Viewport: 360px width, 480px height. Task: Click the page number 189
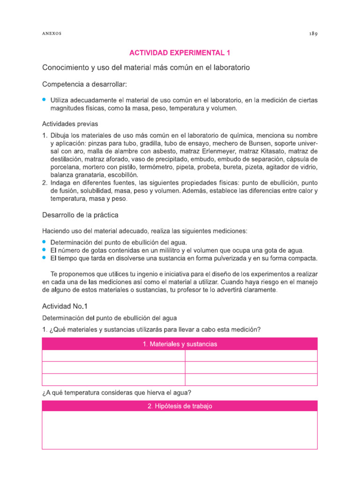click(x=313, y=34)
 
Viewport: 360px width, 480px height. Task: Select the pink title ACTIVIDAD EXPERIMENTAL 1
click(x=180, y=52)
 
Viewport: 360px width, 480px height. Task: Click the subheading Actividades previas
click(x=70, y=124)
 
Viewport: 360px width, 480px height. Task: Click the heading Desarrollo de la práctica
click(x=80, y=215)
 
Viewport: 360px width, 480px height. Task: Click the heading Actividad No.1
click(x=65, y=307)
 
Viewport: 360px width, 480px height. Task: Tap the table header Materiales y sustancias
click(x=180, y=344)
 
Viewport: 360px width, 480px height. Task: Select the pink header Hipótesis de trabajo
click(x=180, y=406)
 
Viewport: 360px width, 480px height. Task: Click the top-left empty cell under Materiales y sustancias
click(x=113, y=356)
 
